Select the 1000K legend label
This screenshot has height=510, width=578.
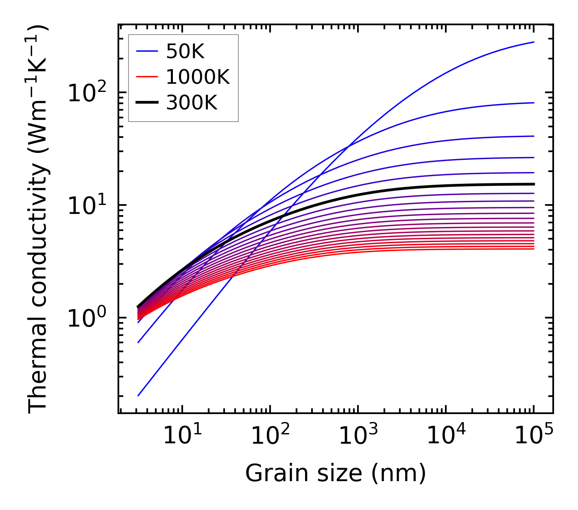coord(198,77)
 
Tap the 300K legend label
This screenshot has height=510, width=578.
coord(192,103)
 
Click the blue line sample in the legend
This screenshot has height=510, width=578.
coord(146,51)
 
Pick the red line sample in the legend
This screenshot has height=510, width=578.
coord(146,77)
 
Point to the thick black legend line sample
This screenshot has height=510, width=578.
coord(146,103)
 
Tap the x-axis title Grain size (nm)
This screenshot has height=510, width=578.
coord(336,473)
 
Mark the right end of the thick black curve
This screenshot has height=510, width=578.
coord(533,184)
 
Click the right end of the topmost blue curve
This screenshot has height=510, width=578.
coord(533,42)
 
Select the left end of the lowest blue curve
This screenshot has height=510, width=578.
coord(138,395)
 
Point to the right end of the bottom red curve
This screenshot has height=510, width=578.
coord(533,248)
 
